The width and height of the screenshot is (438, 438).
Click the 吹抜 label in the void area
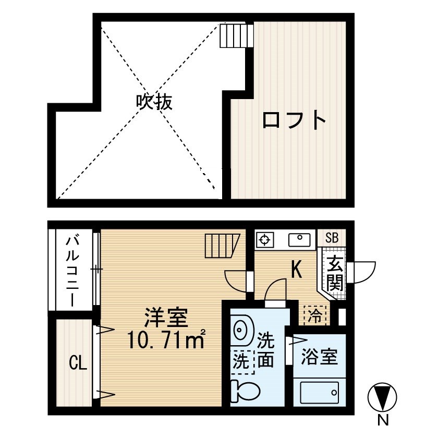[154, 102]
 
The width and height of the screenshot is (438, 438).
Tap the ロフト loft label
[294, 120]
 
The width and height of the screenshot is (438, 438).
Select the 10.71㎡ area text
[166, 339]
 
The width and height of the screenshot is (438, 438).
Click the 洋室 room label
[166, 318]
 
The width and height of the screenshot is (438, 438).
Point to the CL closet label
[78, 363]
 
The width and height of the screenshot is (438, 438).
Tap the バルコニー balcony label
[72, 271]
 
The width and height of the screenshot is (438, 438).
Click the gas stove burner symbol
[265, 240]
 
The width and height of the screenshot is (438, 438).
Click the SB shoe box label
[332, 238]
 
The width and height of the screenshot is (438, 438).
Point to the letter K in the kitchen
[296, 270]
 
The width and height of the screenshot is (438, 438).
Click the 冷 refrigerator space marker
[315, 315]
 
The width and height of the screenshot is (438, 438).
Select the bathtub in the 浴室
[319, 393]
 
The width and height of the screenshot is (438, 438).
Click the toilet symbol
[245, 391]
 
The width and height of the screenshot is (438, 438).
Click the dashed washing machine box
[242, 361]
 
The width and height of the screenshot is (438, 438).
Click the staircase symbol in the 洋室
[222, 246]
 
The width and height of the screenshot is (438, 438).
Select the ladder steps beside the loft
[237, 36]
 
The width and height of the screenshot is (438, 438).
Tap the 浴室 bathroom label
[319, 357]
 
